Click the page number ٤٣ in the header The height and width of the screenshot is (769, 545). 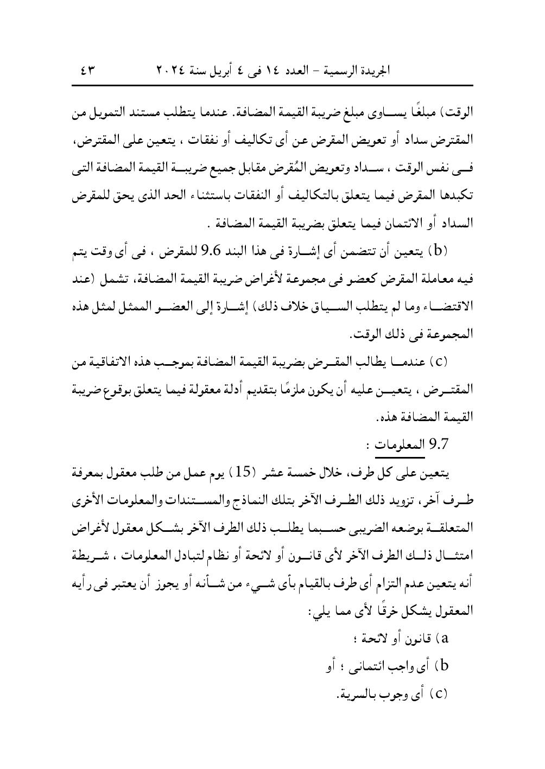(87, 71)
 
